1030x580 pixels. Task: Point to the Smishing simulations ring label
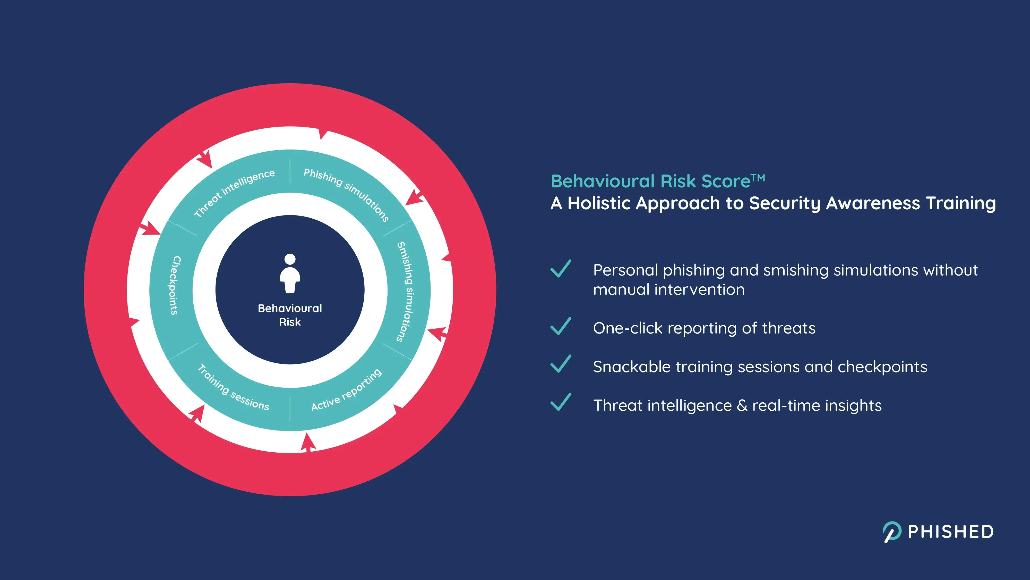406,291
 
